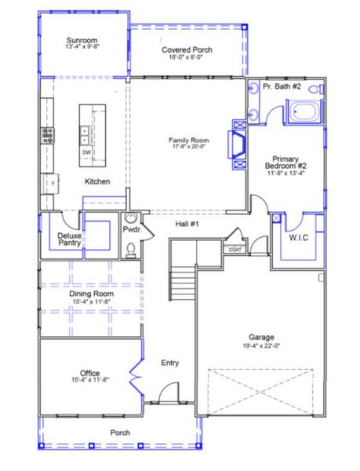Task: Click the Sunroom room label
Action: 82,39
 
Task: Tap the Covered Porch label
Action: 187,49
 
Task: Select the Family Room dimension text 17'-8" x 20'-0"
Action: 187,146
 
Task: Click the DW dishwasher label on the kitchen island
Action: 86,152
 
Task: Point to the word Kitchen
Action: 97,181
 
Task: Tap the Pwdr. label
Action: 131,230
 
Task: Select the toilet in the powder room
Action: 132,250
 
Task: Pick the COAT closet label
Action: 235,249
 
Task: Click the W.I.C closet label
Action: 299,236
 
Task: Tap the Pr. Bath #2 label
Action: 282,86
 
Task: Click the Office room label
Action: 90,373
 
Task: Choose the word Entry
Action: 169,363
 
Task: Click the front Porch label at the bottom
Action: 120,433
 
